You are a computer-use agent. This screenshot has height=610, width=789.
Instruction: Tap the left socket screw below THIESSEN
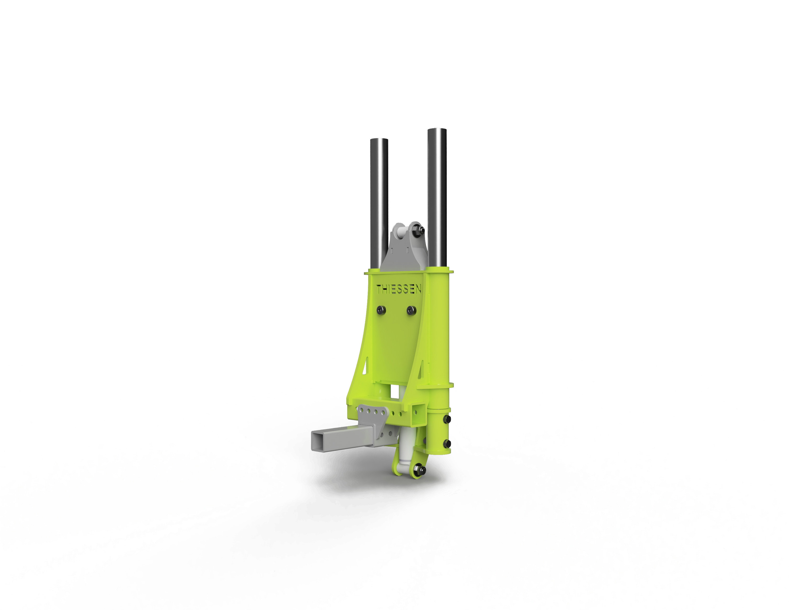pyautogui.click(x=381, y=310)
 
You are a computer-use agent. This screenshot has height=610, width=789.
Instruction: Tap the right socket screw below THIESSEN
pyautogui.click(x=411, y=310)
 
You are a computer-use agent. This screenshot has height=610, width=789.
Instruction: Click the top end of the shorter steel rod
pyautogui.click(x=379, y=140)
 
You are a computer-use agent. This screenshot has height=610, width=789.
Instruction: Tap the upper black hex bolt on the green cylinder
pyautogui.click(x=448, y=419)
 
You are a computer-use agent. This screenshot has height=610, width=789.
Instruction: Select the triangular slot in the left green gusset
pyautogui.click(x=366, y=366)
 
